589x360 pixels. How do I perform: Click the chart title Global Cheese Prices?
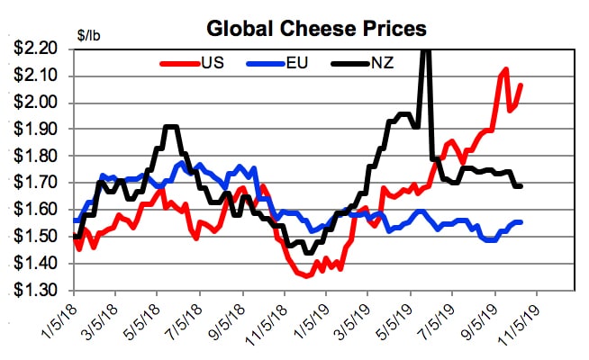pos(316,28)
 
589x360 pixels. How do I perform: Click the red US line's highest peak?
pos(505,69)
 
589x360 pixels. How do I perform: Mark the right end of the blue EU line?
pos(521,222)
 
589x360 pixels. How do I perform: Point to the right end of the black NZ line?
pos(521,186)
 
